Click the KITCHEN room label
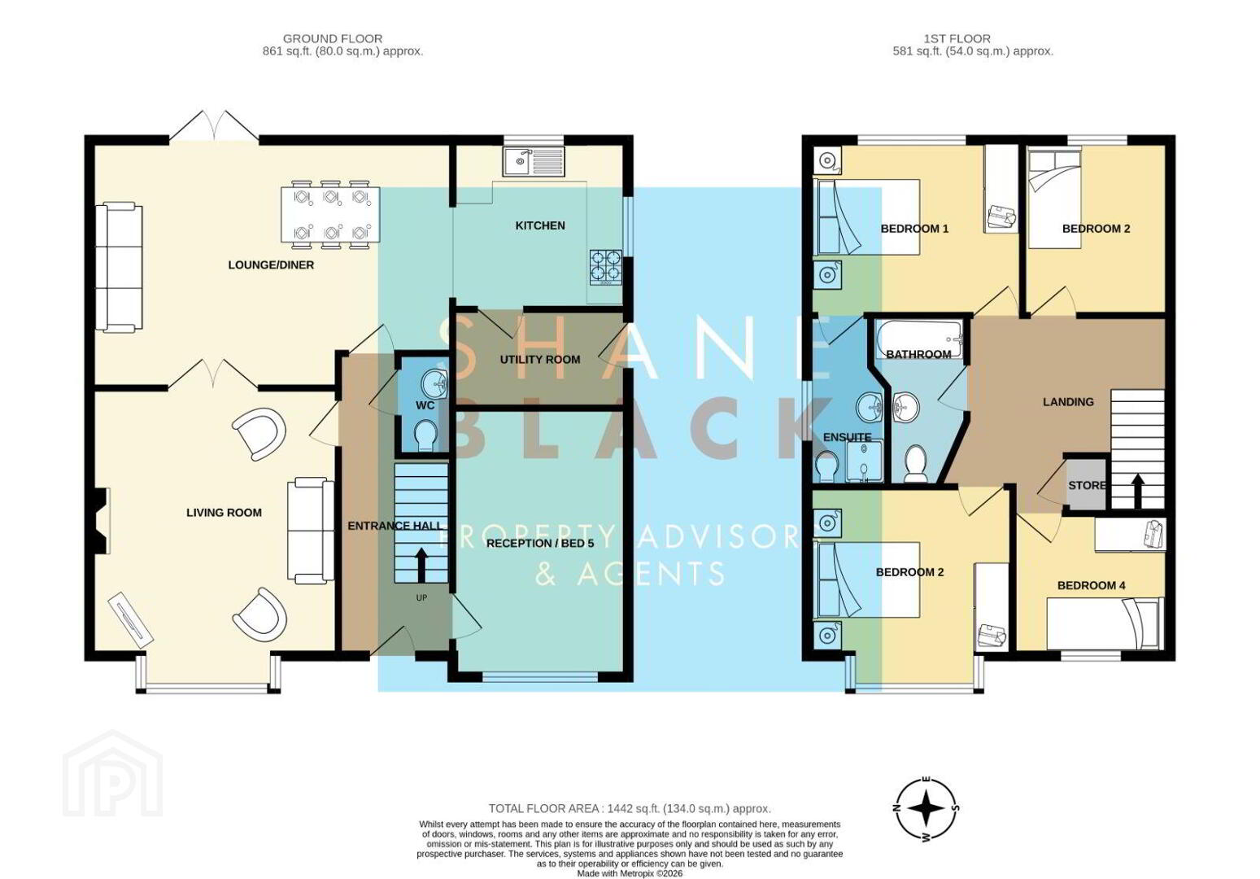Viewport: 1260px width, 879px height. pyautogui.click(x=540, y=225)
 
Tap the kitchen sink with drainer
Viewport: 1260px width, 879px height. pyautogui.click(x=534, y=161)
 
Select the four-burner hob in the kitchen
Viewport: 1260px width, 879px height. pyautogui.click(x=605, y=267)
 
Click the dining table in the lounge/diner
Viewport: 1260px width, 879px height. pyautogui.click(x=330, y=214)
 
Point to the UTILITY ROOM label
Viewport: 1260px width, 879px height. pyautogui.click(x=540, y=360)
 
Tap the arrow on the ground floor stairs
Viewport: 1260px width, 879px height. pyautogui.click(x=421, y=564)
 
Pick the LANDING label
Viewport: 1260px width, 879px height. pyautogui.click(x=1068, y=402)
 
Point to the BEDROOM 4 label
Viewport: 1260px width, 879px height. pyautogui.click(x=1092, y=586)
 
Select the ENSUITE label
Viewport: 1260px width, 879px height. pyautogui.click(x=847, y=437)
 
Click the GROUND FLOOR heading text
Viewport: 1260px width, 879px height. pyautogui.click(x=333, y=39)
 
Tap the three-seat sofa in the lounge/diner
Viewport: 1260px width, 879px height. pyautogui.click(x=119, y=266)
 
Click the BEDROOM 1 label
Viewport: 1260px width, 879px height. pyautogui.click(x=914, y=229)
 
